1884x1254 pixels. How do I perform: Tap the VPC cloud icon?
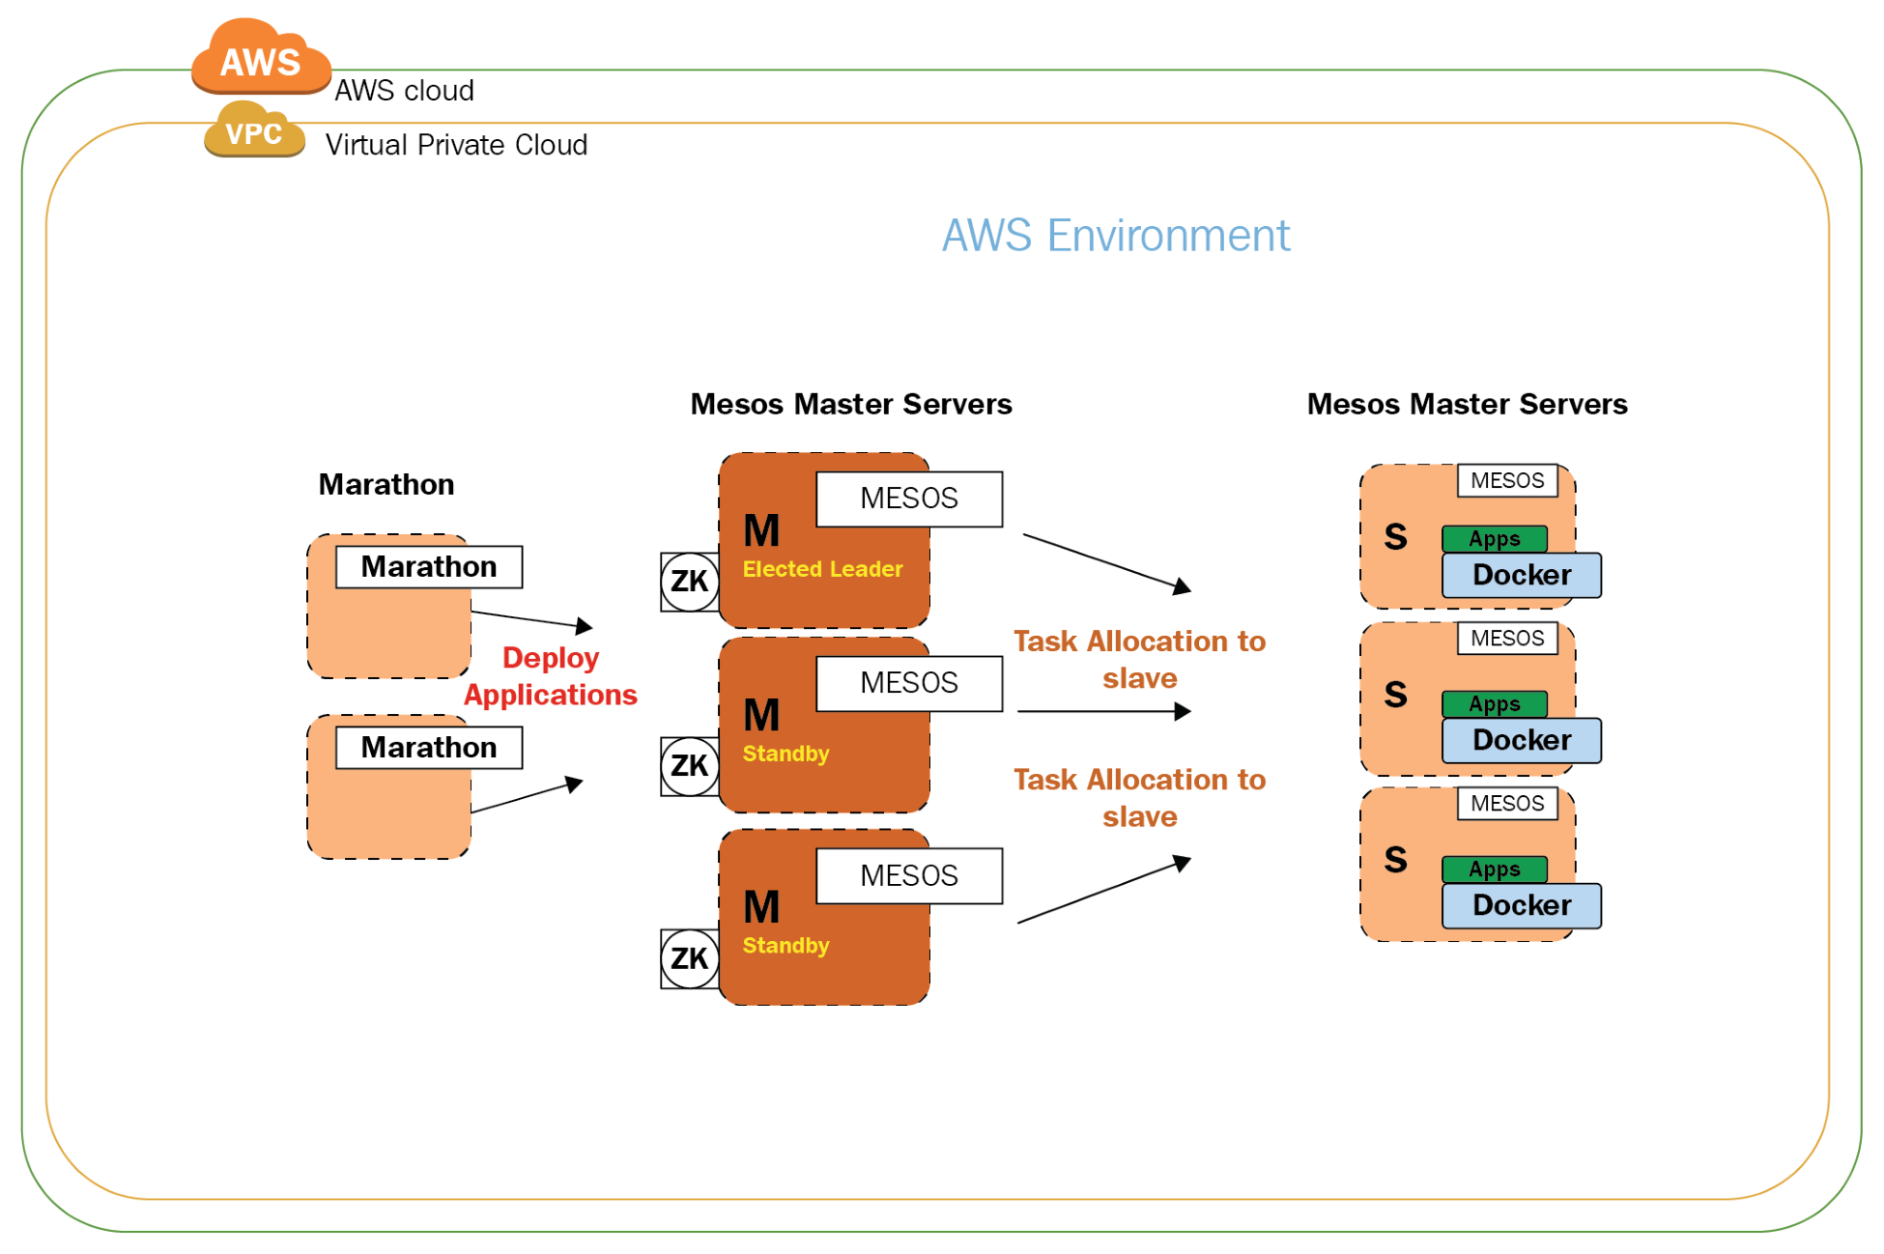[x=254, y=129]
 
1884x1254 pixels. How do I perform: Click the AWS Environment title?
[x=1116, y=236]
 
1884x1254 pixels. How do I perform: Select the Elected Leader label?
[x=822, y=569]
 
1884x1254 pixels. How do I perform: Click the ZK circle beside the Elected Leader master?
[x=689, y=582]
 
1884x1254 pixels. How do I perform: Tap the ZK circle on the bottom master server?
[x=689, y=958]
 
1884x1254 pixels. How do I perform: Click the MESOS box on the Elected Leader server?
[x=909, y=499]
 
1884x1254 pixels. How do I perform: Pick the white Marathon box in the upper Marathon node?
[x=429, y=567]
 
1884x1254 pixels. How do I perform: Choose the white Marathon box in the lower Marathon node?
[x=429, y=748]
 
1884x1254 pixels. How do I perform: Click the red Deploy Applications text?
[x=551, y=676]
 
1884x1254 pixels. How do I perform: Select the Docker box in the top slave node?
[x=1522, y=575]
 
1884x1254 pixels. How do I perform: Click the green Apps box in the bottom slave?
[x=1495, y=869]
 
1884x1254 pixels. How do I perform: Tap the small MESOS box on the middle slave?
[x=1507, y=639]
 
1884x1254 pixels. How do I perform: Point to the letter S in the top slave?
[x=1395, y=536]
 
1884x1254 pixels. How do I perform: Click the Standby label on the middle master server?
[x=785, y=754]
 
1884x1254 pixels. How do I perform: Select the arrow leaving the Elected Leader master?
[x=1107, y=562]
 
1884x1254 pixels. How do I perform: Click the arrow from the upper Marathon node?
[x=531, y=619]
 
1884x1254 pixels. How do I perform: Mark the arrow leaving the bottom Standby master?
[x=1104, y=890]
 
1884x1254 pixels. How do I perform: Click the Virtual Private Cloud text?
[x=456, y=145]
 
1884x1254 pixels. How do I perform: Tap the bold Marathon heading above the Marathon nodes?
[x=386, y=484]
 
